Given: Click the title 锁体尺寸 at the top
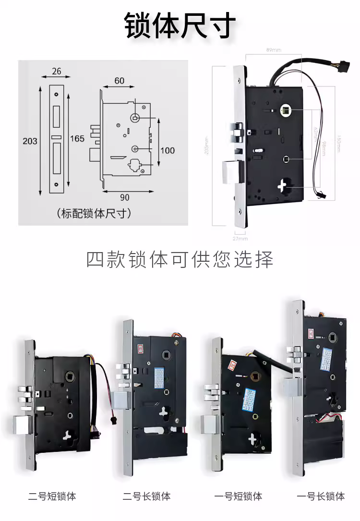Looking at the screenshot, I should click(x=180, y=25).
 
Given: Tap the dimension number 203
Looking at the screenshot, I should click(x=30, y=141).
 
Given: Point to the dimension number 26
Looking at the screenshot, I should click(x=56, y=71).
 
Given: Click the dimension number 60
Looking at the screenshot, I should click(x=119, y=81).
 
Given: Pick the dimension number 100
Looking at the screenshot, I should click(x=168, y=150).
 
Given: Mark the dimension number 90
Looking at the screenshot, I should click(x=124, y=197).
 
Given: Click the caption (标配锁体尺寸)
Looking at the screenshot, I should click(x=94, y=213).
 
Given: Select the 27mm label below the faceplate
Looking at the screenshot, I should click(x=240, y=238).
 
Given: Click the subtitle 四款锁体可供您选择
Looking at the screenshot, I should click(x=180, y=260).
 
